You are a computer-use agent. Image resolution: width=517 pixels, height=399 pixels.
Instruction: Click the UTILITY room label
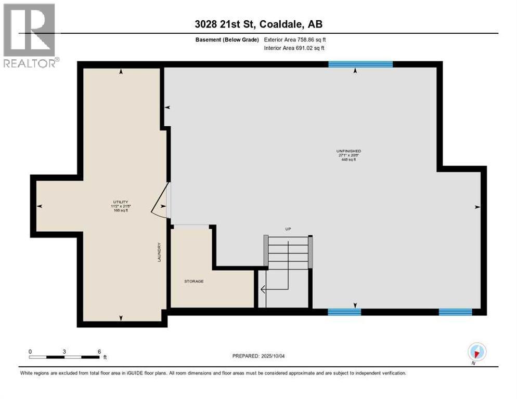click(x=121, y=202)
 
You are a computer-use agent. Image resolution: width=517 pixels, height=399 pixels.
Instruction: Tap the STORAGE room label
click(x=193, y=281)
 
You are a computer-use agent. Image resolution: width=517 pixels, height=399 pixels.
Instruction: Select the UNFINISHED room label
click(x=348, y=151)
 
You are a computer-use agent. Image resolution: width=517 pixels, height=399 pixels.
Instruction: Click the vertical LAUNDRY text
click(x=160, y=252)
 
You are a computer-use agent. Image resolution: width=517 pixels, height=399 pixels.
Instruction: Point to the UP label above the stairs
click(x=288, y=229)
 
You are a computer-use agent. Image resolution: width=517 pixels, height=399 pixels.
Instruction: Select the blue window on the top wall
click(x=360, y=64)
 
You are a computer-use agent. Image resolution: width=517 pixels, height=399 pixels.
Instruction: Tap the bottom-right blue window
click(x=455, y=312)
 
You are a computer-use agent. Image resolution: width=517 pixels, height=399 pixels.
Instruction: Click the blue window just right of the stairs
click(x=344, y=312)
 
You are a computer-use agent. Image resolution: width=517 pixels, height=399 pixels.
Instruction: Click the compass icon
click(x=476, y=352)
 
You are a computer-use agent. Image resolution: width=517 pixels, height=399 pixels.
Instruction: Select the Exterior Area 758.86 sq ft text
click(x=295, y=39)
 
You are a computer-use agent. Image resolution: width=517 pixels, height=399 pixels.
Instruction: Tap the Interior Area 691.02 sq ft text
click(x=295, y=48)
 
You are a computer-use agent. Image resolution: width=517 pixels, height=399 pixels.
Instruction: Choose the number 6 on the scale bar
click(x=99, y=351)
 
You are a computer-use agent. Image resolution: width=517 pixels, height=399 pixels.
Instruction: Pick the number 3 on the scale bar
click(x=64, y=351)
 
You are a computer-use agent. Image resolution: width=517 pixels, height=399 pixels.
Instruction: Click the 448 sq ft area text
click(x=348, y=160)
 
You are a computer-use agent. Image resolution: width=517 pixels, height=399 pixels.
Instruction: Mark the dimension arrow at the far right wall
click(x=476, y=207)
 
